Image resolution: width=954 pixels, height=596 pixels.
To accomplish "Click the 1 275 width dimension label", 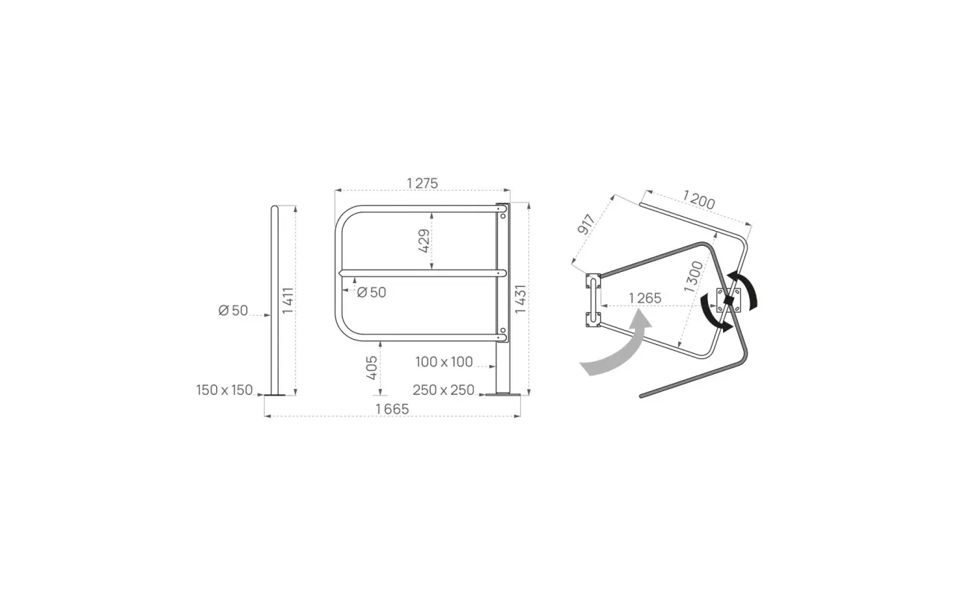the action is pyautogui.click(x=422, y=183).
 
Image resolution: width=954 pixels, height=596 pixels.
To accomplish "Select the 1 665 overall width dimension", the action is pyautogui.click(x=392, y=409).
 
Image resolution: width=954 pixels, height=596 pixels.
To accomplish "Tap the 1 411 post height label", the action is pyautogui.click(x=288, y=300).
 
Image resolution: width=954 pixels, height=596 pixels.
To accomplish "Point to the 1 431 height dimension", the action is pyautogui.click(x=520, y=299).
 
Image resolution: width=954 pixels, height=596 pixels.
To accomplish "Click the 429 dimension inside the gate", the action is pyautogui.click(x=424, y=241).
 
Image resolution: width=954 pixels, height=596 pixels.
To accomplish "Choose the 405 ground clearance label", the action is pyautogui.click(x=372, y=368).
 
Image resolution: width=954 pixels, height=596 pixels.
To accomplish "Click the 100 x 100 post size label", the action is pyautogui.click(x=443, y=362).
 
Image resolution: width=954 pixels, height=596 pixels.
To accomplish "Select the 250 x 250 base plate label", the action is pyautogui.click(x=443, y=390).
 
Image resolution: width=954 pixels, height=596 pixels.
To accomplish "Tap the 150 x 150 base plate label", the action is pyautogui.click(x=224, y=390).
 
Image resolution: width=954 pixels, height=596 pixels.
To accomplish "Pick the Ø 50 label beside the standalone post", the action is pyautogui.click(x=233, y=311).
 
